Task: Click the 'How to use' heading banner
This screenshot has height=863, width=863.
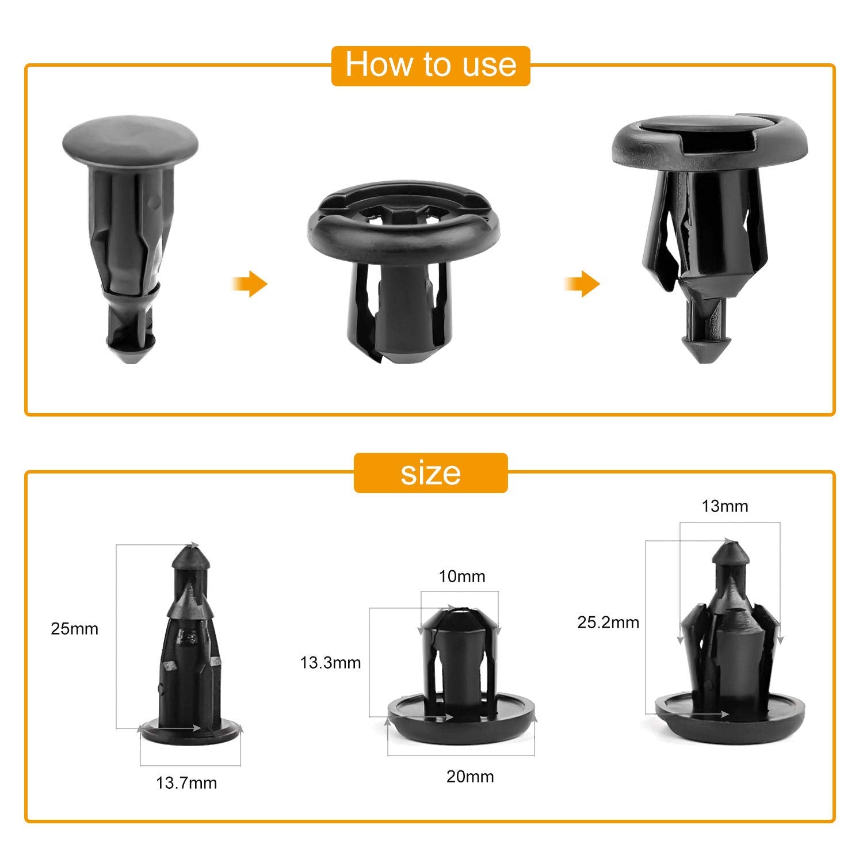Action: pyautogui.click(x=430, y=65)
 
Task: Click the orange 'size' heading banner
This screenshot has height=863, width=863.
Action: pyautogui.click(x=430, y=473)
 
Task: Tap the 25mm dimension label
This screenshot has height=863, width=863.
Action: pyautogui.click(x=74, y=629)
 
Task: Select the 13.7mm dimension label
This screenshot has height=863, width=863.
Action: pyautogui.click(x=186, y=783)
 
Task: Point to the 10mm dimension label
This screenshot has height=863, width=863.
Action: pyautogui.click(x=462, y=576)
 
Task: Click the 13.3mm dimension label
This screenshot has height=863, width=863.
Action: pyautogui.click(x=330, y=663)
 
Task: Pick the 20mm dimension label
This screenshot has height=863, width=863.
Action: pyautogui.click(x=470, y=777)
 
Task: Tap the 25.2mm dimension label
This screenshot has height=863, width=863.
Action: pyautogui.click(x=608, y=623)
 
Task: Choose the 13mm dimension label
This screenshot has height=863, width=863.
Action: pyautogui.click(x=725, y=506)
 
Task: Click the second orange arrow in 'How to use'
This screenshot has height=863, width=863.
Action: pyautogui.click(x=582, y=284)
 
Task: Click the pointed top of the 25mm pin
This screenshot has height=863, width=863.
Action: pyautogui.click(x=189, y=555)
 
